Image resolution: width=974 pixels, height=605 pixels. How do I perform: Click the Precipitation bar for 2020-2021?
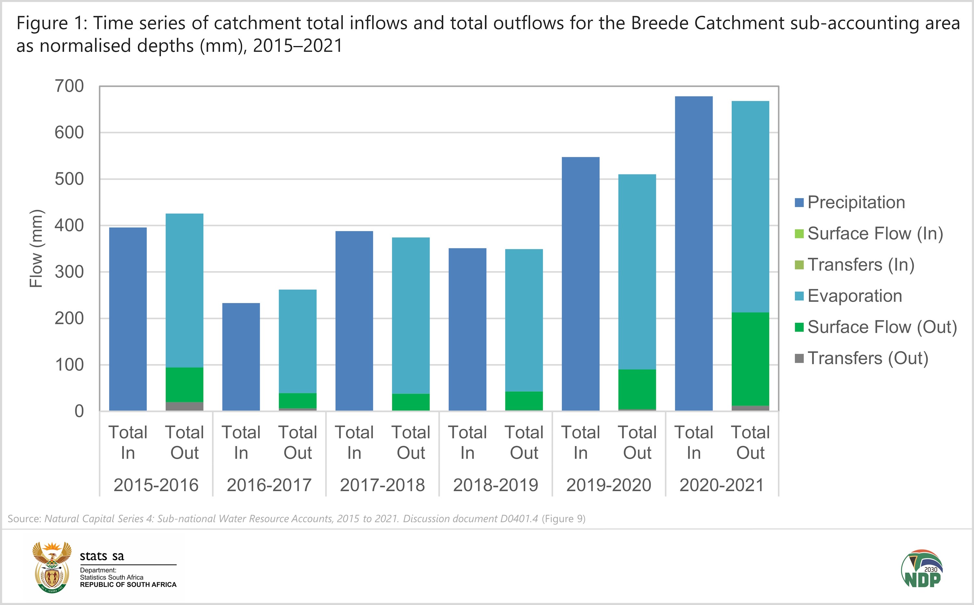693,253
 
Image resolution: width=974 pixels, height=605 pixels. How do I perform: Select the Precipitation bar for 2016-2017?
241,357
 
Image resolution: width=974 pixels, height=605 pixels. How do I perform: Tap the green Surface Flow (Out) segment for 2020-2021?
750,359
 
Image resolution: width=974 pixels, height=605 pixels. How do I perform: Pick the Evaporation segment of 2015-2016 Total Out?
184,290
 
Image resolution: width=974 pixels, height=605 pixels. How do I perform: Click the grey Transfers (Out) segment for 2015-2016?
184,406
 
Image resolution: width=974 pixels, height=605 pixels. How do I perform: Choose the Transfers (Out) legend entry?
867,358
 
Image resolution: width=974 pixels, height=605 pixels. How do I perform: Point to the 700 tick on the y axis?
69,86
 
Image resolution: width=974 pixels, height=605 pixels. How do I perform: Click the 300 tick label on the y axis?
69,272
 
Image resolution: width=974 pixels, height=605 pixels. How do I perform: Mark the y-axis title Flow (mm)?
36,248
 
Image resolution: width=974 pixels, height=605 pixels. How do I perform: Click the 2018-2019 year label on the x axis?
495,485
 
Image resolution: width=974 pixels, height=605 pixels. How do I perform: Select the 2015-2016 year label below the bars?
156,485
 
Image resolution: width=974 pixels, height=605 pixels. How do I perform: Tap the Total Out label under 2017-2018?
411,443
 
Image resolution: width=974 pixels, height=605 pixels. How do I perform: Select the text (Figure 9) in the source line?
564,519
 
